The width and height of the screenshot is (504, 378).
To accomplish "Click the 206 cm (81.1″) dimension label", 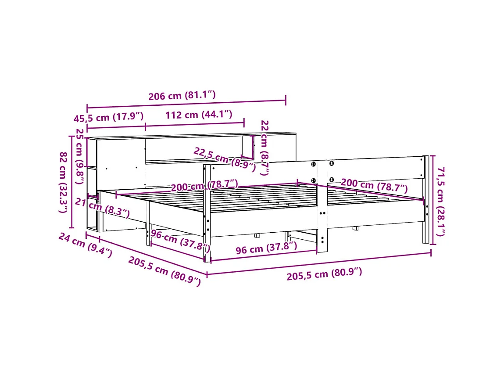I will point(182,96).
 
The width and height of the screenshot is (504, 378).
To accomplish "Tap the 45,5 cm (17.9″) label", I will point(108,118).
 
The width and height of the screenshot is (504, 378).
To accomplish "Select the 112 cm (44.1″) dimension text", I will point(198,115).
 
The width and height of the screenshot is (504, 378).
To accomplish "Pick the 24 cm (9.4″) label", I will point(85,245).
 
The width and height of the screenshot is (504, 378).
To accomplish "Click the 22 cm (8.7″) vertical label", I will point(264,147).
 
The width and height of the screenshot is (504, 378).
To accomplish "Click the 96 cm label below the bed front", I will point(266,248).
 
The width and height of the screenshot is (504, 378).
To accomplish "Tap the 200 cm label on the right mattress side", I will point(374,186).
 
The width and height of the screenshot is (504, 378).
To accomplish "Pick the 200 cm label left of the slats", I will point(204,185).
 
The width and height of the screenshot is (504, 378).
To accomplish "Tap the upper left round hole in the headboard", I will point(314,164).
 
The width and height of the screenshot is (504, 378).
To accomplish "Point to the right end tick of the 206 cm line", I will point(286,100).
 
